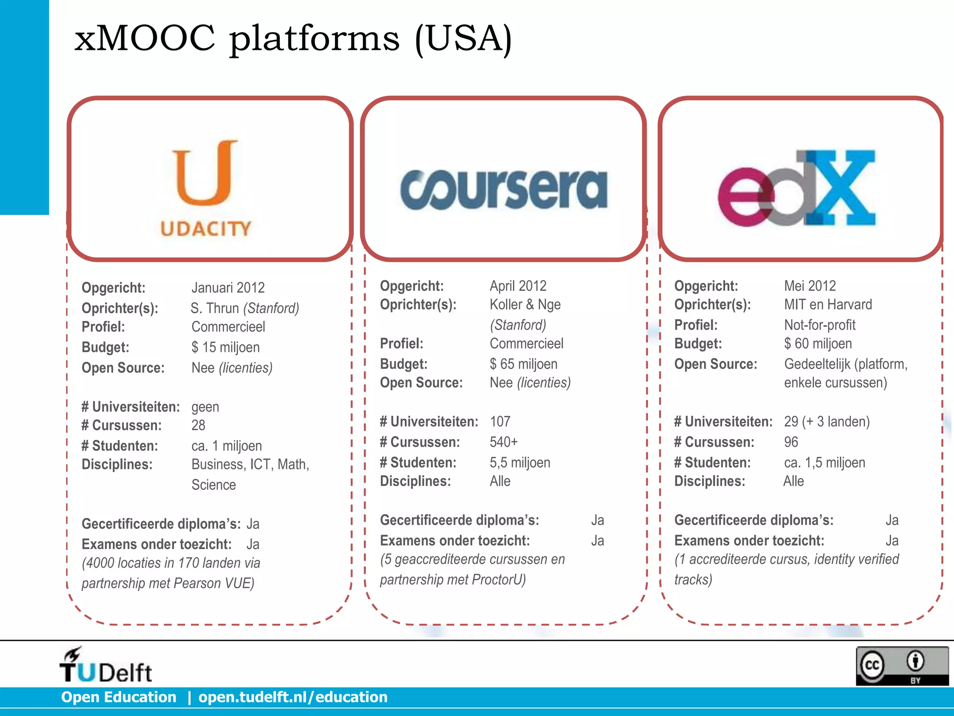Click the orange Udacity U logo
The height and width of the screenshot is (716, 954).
point(205,173)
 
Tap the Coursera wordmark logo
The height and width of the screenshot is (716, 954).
point(504,189)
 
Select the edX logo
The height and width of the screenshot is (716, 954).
point(797,189)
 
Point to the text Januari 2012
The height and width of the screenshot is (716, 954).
point(228,288)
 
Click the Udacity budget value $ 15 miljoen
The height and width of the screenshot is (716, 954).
point(225,347)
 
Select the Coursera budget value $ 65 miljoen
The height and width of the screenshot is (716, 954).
point(523,364)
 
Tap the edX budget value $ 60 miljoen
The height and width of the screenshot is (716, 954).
point(818,344)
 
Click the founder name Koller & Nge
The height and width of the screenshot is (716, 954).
point(525,304)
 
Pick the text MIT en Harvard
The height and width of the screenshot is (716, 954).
point(828,304)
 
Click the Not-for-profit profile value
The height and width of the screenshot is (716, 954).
point(819,325)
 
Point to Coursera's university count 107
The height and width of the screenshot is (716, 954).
point(500,421)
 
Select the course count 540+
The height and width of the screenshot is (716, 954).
point(504,442)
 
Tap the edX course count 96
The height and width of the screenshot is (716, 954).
point(791,442)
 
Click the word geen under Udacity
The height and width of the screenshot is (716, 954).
point(205,407)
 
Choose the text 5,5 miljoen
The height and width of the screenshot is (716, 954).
point(520,462)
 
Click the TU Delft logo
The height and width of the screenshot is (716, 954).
point(106,666)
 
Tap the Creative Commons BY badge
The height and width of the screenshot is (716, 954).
point(902,666)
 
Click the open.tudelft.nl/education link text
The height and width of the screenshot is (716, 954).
point(293,697)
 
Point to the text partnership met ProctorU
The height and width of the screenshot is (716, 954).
point(452,579)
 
